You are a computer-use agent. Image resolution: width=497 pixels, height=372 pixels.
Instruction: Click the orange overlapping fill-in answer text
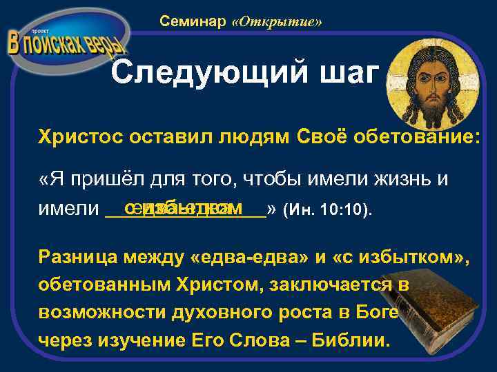coord(184,207)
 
